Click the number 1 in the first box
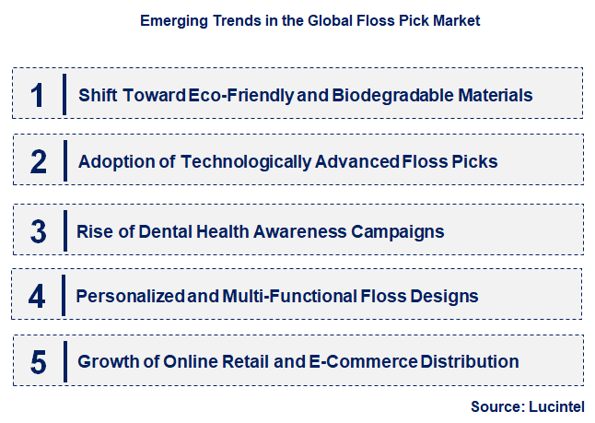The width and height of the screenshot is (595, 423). (38, 95)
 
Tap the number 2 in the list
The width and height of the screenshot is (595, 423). (38, 162)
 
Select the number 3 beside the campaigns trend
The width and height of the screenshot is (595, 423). (38, 230)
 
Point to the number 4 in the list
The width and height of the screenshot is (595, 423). (38, 296)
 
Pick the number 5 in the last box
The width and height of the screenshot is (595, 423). (38, 362)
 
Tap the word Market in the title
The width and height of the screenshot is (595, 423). (456, 19)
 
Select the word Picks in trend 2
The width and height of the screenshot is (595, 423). (474, 162)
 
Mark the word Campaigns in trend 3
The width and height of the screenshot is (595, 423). (398, 230)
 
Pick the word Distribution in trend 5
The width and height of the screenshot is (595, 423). (470, 362)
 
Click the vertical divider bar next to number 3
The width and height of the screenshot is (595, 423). (64, 230)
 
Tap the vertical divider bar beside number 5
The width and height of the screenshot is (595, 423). (64, 361)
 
